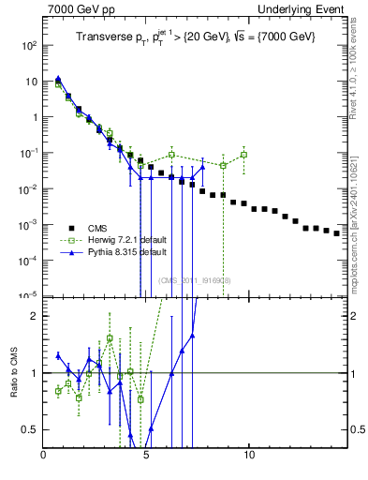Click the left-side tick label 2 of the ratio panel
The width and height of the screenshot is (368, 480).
tap(36, 316)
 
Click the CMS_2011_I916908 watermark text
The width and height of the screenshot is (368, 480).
tap(195, 280)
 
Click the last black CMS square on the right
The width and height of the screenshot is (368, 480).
tap(337, 233)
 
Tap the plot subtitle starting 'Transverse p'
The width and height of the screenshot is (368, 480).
tap(195, 37)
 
